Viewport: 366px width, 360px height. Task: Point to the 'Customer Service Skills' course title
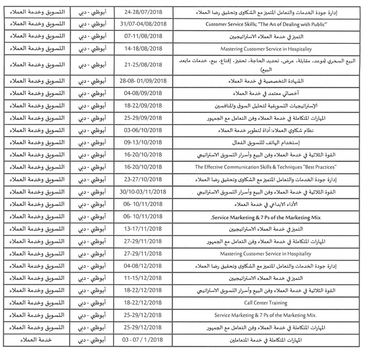[264, 24]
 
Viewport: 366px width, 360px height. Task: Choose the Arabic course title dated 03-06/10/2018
[264, 130]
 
